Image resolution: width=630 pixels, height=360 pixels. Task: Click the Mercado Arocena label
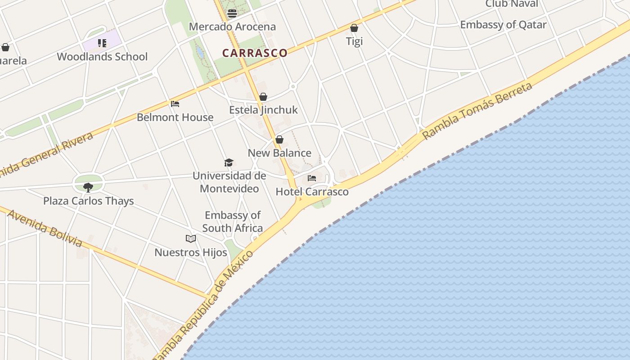pos(232,27)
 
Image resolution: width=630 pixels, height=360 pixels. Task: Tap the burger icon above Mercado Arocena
pos(232,13)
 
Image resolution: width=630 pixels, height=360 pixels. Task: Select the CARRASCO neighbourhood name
pos(255,53)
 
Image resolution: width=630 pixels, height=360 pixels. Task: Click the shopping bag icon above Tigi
pos(354,28)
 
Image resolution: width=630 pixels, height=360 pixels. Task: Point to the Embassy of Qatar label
pos(503,25)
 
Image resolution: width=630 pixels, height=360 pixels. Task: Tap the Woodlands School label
pos(102,57)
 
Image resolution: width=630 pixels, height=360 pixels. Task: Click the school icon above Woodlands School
pos(102,43)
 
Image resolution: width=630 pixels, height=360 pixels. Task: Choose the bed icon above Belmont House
pos(175,104)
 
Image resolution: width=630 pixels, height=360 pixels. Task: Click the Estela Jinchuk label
pos(263,110)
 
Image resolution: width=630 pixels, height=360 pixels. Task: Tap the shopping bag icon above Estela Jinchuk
pos(263,97)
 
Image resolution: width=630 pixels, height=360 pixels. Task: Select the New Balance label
pos(279,153)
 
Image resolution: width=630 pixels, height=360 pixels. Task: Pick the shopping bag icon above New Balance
pos(279,139)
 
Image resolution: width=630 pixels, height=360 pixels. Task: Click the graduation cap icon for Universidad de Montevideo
pos(229,162)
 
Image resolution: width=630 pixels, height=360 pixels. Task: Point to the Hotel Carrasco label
pos(312,192)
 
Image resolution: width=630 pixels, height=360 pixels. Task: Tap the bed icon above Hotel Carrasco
pos(312,178)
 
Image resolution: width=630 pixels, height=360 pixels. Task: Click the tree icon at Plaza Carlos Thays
pos(88,187)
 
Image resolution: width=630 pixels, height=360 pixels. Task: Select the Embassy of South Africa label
pos(232,221)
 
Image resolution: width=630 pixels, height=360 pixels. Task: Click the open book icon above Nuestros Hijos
pos(191,238)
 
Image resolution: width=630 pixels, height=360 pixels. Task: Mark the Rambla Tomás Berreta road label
pos(477,110)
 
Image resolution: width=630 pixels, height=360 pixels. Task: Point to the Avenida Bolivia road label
pos(45,228)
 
